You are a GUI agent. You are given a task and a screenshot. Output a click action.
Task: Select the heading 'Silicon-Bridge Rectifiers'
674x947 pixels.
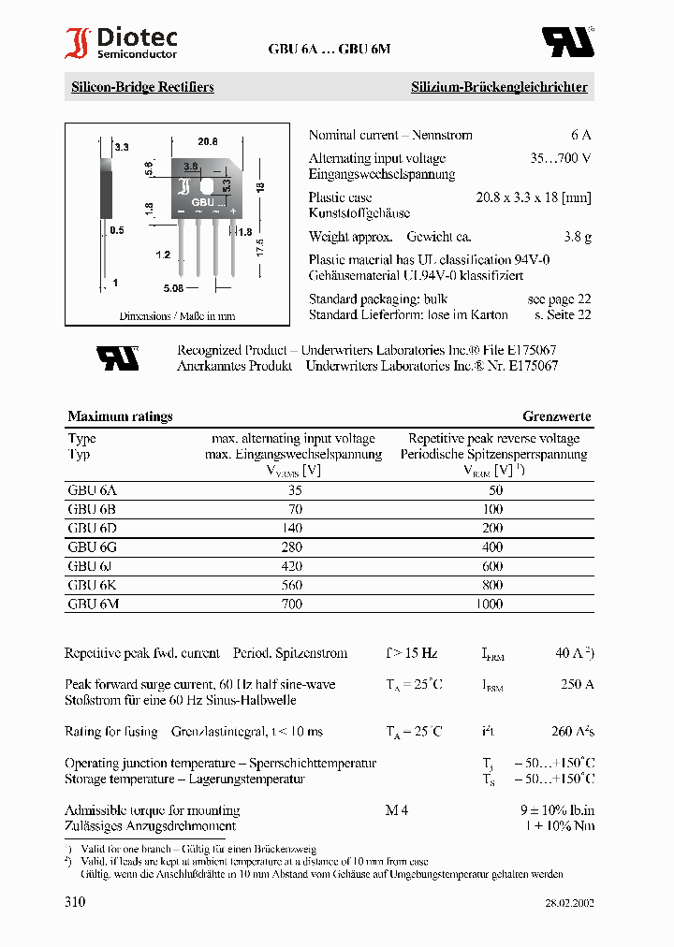click(142, 87)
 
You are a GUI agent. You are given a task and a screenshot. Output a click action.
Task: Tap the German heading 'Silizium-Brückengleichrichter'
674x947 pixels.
click(499, 87)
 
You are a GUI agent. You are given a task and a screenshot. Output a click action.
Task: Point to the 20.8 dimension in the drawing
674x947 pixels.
click(208, 141)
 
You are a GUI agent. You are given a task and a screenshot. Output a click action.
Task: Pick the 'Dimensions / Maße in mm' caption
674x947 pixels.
click(177, 316)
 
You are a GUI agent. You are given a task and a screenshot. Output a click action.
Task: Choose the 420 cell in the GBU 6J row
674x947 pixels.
click(292, 566)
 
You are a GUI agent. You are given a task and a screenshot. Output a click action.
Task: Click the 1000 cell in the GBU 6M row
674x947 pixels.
click(489, 605)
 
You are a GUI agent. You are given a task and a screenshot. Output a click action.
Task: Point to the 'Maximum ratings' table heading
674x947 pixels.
click(120, 416)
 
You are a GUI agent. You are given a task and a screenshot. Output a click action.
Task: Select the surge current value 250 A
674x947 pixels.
click(577, 685)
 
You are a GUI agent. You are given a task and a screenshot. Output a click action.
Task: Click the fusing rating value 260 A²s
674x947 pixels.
click(573, 732)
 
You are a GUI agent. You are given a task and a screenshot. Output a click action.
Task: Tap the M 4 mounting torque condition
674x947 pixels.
click(397, 810)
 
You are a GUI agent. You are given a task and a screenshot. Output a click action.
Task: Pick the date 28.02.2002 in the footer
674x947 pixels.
click(569, 904)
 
